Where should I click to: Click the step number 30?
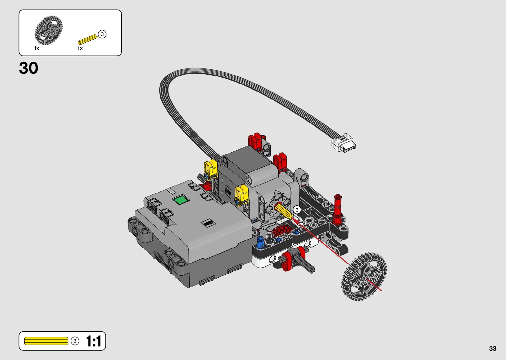pyautogui.click(x=29, y=68)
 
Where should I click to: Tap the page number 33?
pyautogui.click(x=492, y=348)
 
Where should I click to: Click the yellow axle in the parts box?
pyautogui.click(x=88, y=39)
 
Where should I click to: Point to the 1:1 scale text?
pyautogui.click(x=94, y=341)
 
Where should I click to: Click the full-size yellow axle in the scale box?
pyautogui.click(x=46, y=341)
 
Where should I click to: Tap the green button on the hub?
pyautogui.click(x=181, y=200)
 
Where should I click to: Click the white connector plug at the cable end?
pyautogui.click(x=344, y=143)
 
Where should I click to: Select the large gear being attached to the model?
pyautogui.click(x=364, y=277)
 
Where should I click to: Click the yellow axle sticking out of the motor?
pyautogui.click(x=284, y=211)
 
